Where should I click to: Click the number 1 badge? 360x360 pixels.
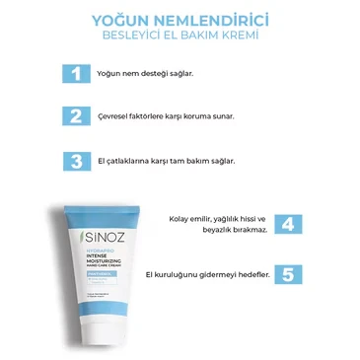pos(73,74)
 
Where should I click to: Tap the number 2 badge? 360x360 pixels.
pos(73,115)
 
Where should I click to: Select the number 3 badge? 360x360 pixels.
pos(73,159)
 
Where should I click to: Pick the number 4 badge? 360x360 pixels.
pos(286,224)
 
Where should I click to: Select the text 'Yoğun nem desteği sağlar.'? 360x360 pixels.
pos(137,74)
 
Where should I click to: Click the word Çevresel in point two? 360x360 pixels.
pos(113,116)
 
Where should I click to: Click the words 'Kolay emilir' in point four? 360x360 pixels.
pos(192,218)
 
